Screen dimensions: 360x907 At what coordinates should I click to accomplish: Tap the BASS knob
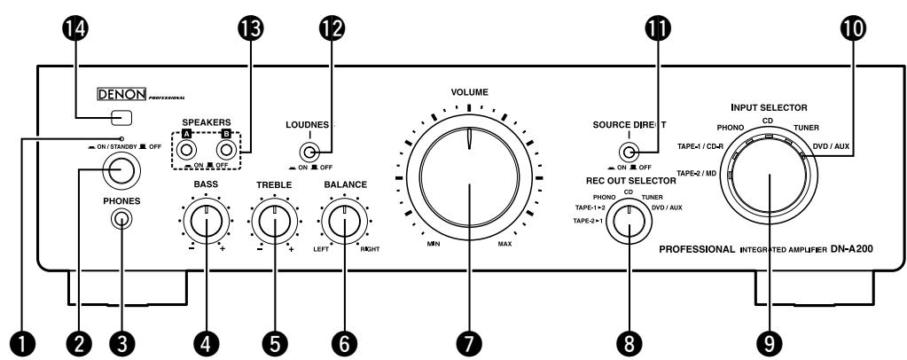[206, 221]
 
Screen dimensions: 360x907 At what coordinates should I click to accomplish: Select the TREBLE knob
[274, 221]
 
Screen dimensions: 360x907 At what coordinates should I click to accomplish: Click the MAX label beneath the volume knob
[504, 242]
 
